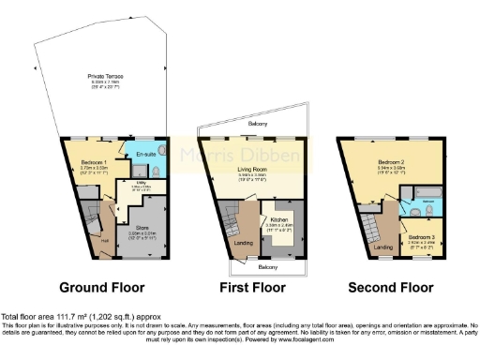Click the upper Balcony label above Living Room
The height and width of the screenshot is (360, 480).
coord(259,124)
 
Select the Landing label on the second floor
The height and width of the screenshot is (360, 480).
coord(382,246)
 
